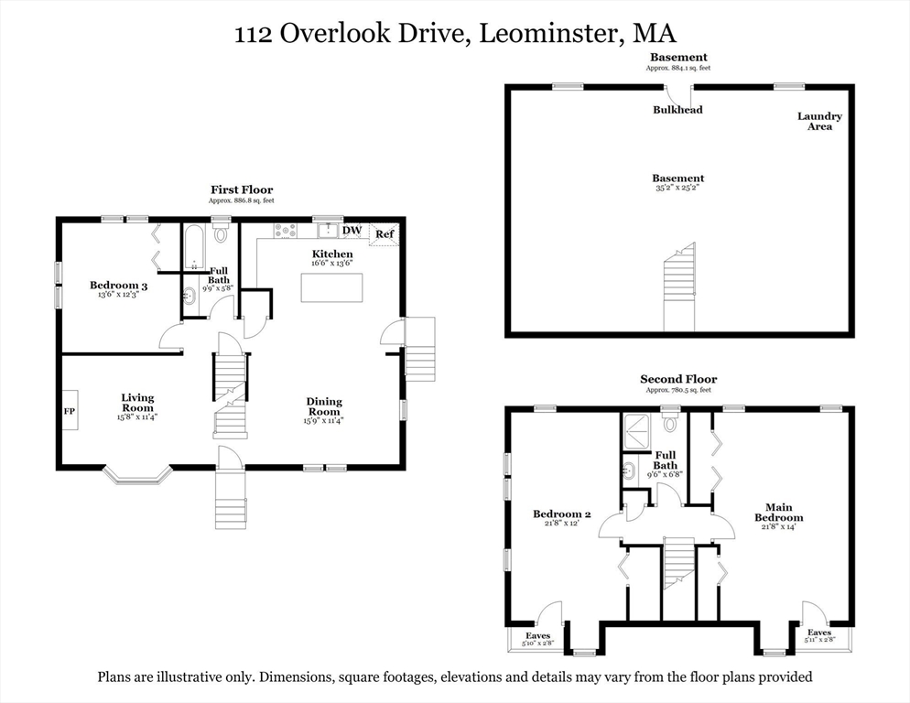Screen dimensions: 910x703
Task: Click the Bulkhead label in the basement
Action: pos(677,110)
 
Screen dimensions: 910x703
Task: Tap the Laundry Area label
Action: pos(819,121)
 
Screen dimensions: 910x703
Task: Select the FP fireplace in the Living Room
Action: pos(70,410)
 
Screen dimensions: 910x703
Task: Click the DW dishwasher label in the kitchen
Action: pos(352,231)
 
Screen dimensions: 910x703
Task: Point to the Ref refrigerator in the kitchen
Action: pos(385,234)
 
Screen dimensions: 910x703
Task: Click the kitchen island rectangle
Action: pos(331,287)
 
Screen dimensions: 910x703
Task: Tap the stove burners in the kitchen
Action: pos(285,231)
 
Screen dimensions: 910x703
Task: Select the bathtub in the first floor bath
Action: pos(194,248)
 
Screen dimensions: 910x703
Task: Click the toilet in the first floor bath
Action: pos(221,232)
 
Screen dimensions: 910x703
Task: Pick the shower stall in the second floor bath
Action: pos(637,432)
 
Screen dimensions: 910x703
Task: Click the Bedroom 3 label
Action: pos(118,285)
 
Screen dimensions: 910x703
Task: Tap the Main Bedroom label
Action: pos(779,513)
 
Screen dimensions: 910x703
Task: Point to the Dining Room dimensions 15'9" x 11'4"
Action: pos(324,421)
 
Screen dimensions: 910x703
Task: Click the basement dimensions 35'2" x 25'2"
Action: pos(677,188)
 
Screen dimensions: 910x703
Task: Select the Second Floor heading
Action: pos(678,379)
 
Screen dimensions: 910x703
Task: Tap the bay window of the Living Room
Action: pos(138,475)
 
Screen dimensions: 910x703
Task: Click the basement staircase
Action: pos(679,287)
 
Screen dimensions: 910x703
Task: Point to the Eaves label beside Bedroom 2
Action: pos(538,635)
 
